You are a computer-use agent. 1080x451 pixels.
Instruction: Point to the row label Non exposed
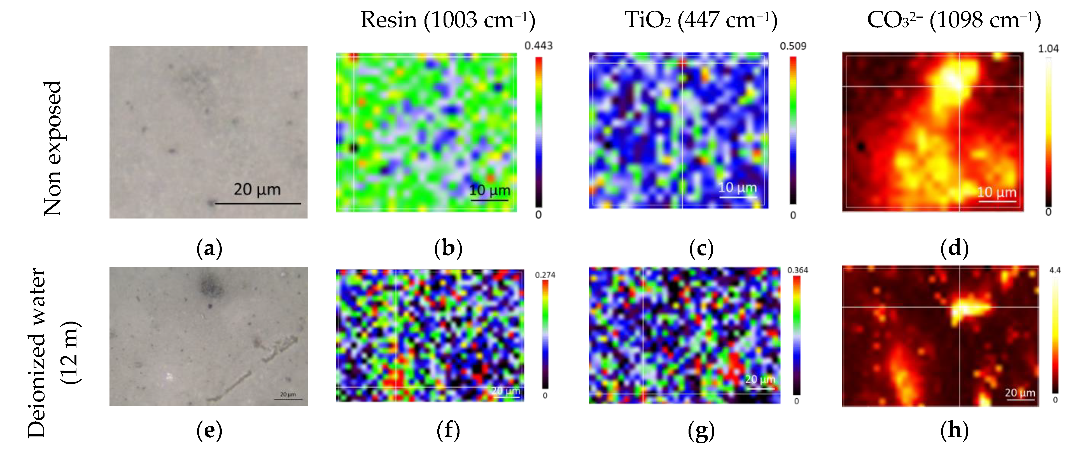tap(53, 148)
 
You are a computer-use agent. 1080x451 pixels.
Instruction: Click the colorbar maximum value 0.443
tap(538, 46)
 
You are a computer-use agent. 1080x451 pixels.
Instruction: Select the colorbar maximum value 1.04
tap(1048, 49)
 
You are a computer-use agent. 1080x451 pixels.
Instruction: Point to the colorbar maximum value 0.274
tap(545, 275)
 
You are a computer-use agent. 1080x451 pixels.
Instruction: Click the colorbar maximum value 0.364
tap(797, 270)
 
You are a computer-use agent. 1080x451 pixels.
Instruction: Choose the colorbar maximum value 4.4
tap(1055, 270)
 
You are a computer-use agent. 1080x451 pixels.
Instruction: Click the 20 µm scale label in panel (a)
tap(257, 189)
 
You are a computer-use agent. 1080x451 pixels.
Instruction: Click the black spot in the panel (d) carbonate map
tap(861, 147)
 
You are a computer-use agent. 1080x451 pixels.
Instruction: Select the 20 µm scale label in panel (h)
tap(1020, 393)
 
